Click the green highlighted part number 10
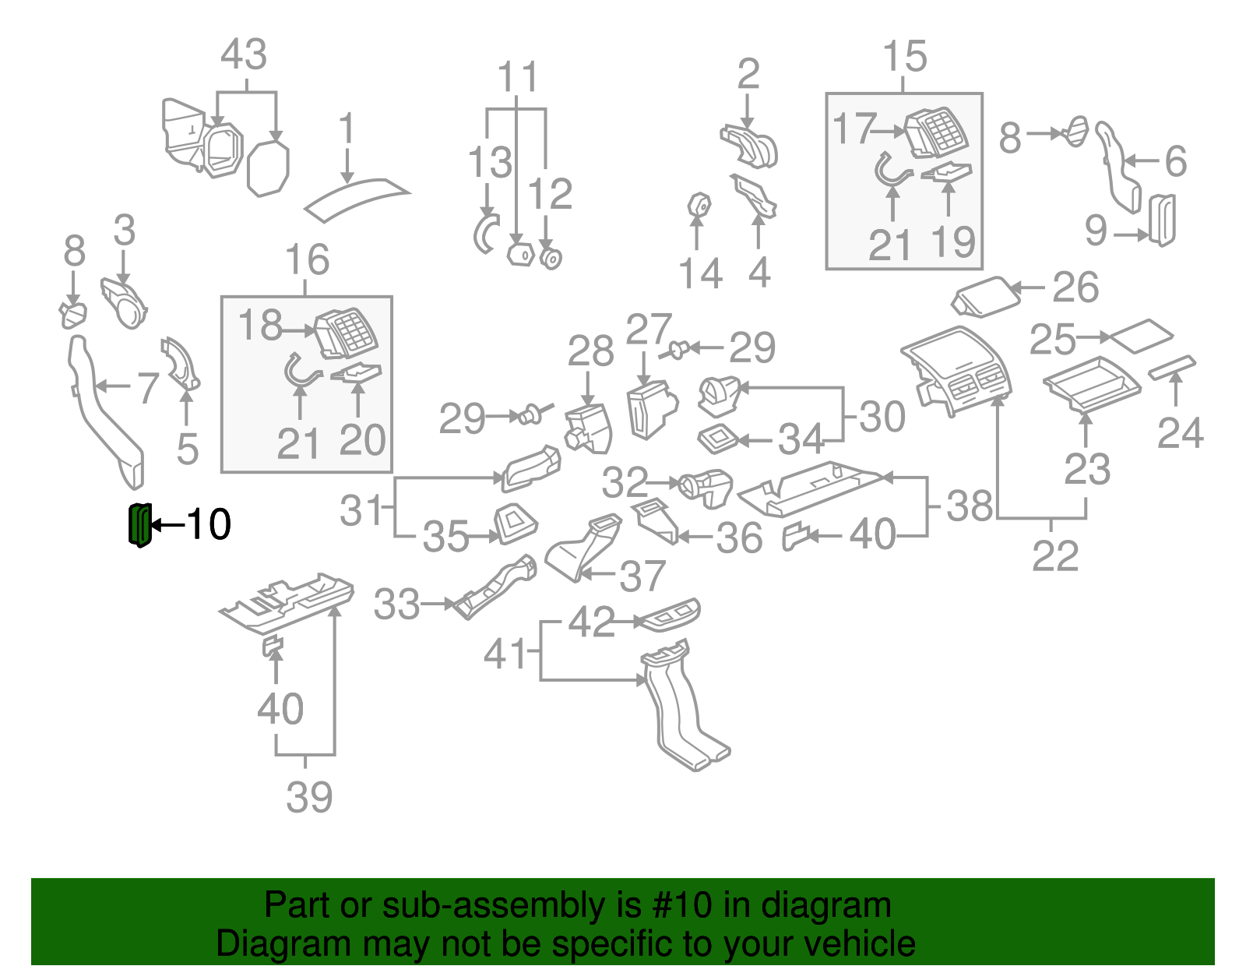[139, 524]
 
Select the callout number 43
[244, 55]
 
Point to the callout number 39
[309, 797]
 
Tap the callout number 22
[1055, 555]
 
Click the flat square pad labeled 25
[1142, 336]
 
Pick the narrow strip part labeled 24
[1172, 368]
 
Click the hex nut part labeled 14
[699, 206]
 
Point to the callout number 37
[642, 576]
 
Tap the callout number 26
[1075, 287]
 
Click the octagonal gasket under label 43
[268, 167]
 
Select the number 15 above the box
[904, 57]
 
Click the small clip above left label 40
[273, 644]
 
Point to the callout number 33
[396, 605]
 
